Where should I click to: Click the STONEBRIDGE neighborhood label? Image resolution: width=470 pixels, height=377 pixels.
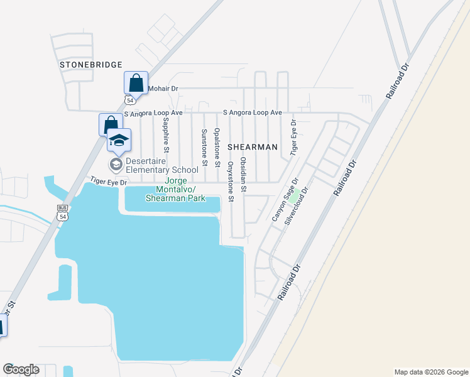tap(90, 64)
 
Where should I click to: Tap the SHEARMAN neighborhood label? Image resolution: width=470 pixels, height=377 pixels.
tap(252, 146)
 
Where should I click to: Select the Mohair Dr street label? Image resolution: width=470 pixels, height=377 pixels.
tap(163, 89)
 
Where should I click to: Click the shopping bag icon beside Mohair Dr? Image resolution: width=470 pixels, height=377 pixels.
tap(136, 83)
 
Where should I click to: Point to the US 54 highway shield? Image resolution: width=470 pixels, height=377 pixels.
tap(130, 100)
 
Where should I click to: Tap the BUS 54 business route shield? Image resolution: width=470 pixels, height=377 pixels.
tap(62, 212)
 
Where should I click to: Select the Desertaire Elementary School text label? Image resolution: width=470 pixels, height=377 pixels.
tap(161, 165)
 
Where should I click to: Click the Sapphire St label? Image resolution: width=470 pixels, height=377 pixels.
tap(166, 134)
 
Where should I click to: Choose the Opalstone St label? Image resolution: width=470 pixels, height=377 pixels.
tap(217, 146)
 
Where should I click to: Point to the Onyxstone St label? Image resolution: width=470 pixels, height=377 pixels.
tap(231, 182)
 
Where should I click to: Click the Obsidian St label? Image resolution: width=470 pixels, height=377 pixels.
tap(244, 175)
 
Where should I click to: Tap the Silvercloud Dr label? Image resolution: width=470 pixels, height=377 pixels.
tap(297, 205)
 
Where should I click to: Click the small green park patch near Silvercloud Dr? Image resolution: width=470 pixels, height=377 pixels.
tap(293, 197)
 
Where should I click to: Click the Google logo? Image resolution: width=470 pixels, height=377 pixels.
tap(21, 369)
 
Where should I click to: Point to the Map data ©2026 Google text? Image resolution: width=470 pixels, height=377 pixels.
tap(430, 372)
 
